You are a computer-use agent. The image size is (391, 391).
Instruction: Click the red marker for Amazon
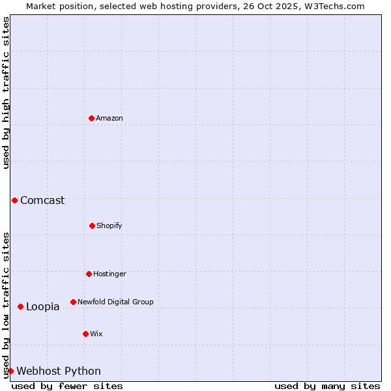tap(91, 118)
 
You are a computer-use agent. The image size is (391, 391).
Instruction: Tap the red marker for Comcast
tap(14, 200)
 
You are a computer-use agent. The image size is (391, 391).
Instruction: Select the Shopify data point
tap(92, 225)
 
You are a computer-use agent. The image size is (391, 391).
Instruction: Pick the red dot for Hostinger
tap(89, 274)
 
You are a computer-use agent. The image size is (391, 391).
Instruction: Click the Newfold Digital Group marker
tap(73, 302)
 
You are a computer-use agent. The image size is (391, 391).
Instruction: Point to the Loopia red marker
tap(20, 306)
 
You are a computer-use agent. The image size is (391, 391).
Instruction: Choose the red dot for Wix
tap(85, 334)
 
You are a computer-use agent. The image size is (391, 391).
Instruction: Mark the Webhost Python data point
tap(10, 371)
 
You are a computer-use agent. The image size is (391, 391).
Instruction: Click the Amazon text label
tap(109, 119)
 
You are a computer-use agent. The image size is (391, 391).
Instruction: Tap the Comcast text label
tap(42, 201)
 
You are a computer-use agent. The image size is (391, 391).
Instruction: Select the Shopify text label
tap(109, 226)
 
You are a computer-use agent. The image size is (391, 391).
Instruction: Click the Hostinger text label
tap(109, 274)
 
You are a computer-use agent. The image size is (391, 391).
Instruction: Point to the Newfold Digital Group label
tap(115, 302)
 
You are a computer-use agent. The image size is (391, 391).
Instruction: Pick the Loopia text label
tap(43, 307)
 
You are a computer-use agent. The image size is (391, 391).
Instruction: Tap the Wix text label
tap(96, 334)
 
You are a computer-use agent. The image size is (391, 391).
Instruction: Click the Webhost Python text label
tap(59, 371)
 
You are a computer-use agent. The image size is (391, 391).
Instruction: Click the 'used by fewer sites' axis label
tap(67, 386)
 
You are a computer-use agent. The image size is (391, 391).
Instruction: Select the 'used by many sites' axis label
tap(327, 386)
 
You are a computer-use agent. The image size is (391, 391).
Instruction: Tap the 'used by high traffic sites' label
tap(6, 93)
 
